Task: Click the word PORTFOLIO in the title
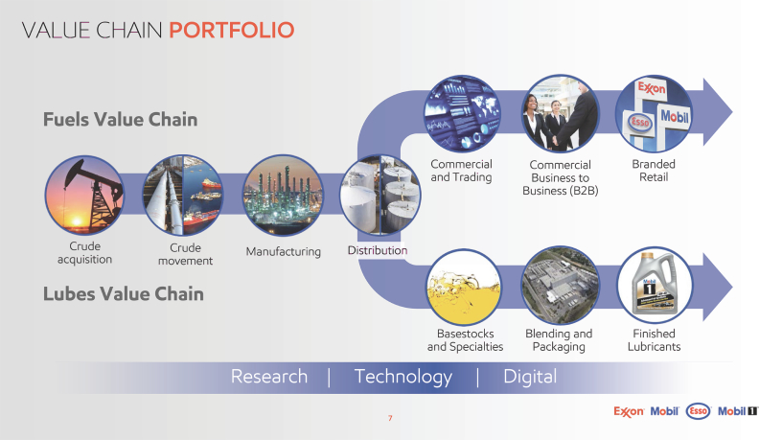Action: [231, 30]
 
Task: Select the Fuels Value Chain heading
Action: [120, 120]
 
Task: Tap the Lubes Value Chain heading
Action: [124, 294]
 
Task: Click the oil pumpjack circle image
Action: [84, 195]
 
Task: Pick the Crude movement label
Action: [185, 254]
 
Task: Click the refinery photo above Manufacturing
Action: [283, 195]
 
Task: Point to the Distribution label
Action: [378, 250]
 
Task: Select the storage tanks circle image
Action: [380, 195]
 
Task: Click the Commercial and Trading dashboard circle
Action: [462, 114]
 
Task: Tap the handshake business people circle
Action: [560, 114]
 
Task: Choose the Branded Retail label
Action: [654, 171]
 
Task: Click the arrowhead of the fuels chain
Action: [717, 112]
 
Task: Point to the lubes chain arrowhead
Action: [717, 287]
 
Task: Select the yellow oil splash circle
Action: [464, 287]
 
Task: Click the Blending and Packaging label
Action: [559, 339]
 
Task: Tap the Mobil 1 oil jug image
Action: [655, 286]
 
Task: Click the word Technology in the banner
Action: [402, 377]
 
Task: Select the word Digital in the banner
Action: [530, 377]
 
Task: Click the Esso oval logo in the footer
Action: [699, 411]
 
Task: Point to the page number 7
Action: [390, 418]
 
